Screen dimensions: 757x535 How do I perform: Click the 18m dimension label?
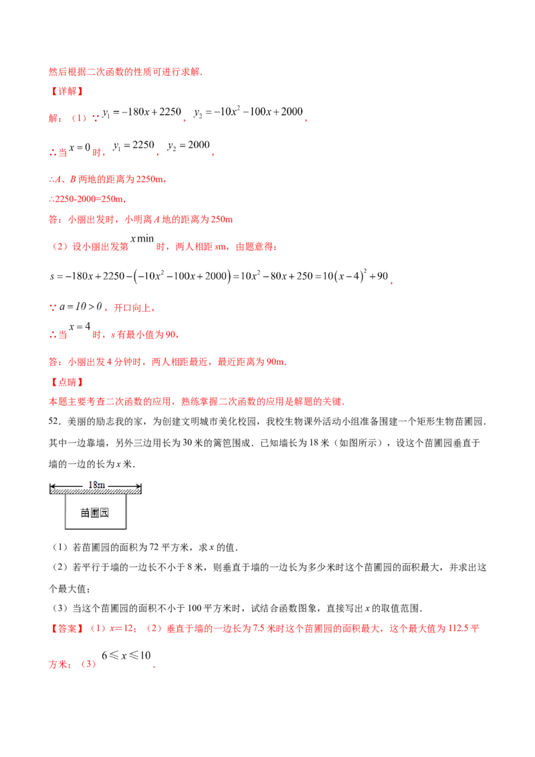[x=96, y=484]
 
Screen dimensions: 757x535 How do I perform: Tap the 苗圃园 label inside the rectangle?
[x=95, y=513]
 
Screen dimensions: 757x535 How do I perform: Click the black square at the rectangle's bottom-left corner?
[x=66, y=532]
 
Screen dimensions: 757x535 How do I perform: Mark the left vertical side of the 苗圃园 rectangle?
[x=66, y=514]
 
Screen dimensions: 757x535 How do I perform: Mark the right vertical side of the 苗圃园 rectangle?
[x=127, y=514]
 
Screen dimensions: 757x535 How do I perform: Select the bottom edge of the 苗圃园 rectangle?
[x=96, y=531]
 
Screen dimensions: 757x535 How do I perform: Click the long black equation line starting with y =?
[x=221, y=276]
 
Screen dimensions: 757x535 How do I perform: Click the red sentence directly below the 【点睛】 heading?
[x=197, y=403]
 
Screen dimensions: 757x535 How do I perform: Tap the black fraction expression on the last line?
[x=127, y=659]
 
